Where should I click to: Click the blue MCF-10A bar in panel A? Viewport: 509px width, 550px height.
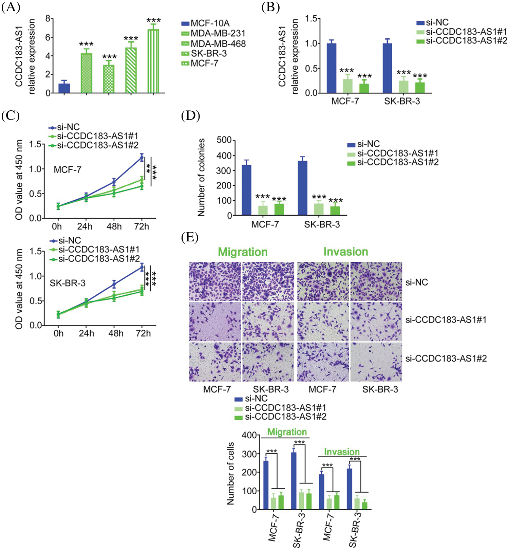click(64, 88)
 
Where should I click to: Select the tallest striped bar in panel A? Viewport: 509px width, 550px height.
click(153, 61)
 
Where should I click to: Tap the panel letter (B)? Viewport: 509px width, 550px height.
click(270, 7)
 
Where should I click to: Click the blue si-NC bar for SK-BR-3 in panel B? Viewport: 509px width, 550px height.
click(387, 68)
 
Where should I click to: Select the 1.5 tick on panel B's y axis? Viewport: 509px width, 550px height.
click(311, 19)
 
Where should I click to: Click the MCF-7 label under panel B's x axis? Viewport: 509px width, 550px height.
click(345, 101)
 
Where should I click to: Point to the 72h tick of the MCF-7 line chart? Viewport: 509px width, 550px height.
click(142, 226)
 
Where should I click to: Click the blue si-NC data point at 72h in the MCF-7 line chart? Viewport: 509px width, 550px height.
click(142, 157)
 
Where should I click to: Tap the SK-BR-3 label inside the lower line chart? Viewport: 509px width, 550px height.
click(68, 283)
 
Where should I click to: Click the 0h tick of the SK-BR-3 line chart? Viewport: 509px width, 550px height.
click(58, 333)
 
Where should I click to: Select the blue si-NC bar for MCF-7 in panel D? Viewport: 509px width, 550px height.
click(246, 190)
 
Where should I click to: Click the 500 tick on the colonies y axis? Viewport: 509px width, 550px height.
click(224, 140)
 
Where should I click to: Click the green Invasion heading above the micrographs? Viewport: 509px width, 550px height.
click(345, 252)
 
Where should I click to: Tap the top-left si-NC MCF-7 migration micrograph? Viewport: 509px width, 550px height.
click(215, 281)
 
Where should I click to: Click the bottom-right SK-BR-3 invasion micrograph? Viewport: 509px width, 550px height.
click(376, 362)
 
